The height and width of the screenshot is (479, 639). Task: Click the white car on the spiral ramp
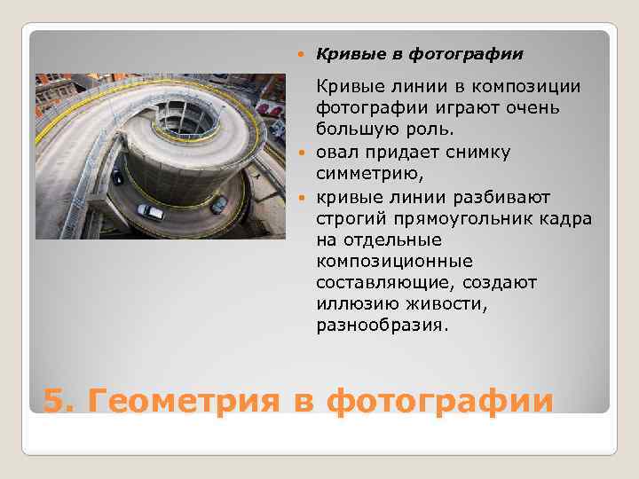click(150, 211)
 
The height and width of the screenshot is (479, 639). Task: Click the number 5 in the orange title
click(54, 400)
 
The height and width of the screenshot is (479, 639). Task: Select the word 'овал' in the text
click(337, 152)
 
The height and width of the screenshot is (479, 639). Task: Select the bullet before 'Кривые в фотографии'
click(303, 55)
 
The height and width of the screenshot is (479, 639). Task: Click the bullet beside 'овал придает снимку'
click(303, 153)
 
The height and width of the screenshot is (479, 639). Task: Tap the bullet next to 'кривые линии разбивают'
click(303, 196)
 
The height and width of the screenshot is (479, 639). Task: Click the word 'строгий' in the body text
click(349, 217)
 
